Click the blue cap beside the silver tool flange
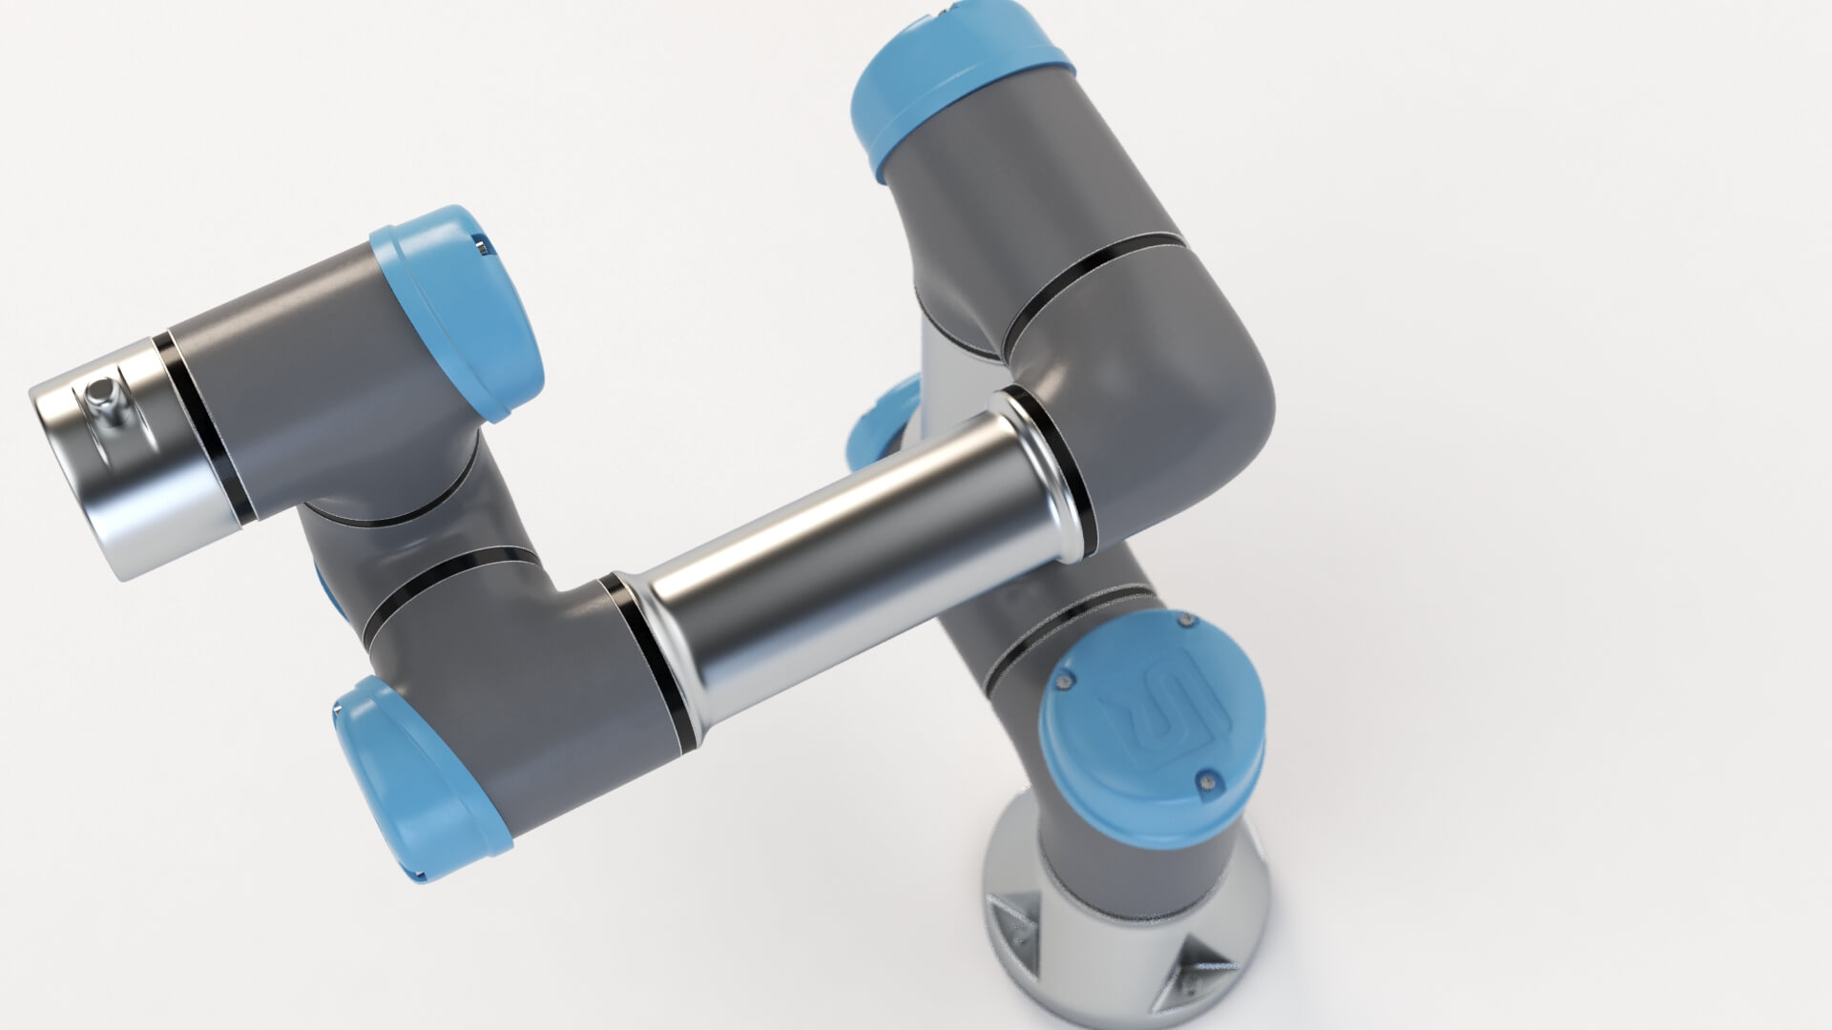[458, 310]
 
